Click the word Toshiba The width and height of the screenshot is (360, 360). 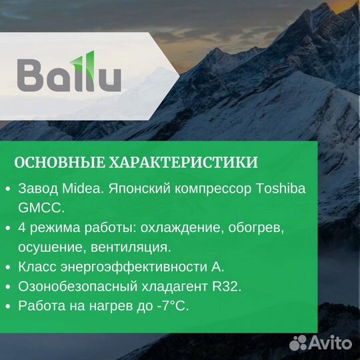tap(281, 189)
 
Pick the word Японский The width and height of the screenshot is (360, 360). tap(137, 189)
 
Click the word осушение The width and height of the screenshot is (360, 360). tap(50, 247)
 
